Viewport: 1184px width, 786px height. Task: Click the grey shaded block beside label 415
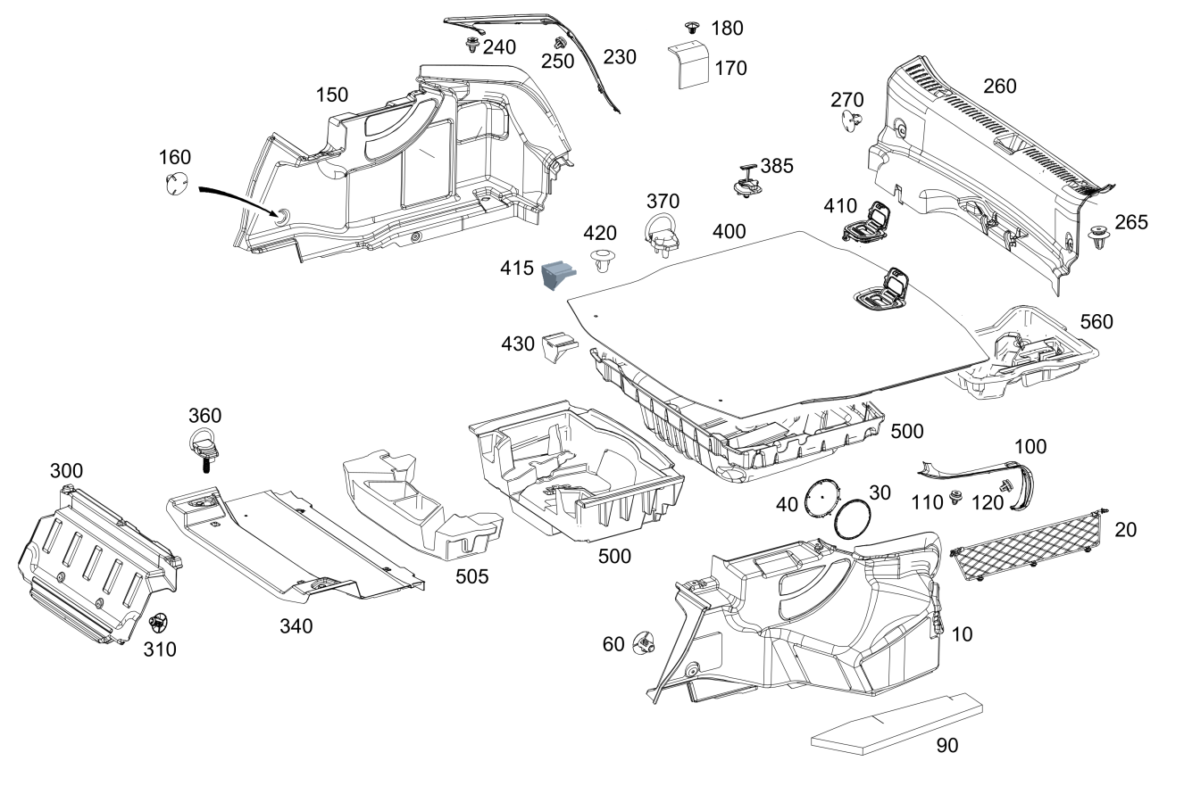point(559,274)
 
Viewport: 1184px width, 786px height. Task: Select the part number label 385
point(777,166)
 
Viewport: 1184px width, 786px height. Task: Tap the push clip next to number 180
point(691,28)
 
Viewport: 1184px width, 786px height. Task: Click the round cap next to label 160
point(176,182)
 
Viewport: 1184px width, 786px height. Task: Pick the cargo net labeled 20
point(1029,545)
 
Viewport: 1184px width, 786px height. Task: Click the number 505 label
point(472,576)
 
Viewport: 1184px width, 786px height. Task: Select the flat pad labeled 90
point(897,724)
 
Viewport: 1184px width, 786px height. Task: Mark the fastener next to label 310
point(157,624)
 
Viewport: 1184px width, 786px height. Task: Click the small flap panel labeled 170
point(688,63)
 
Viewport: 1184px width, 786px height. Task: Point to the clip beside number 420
point(603,260)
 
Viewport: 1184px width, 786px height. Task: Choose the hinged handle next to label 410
point(866,222)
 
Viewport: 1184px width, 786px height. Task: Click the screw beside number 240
point(472,45)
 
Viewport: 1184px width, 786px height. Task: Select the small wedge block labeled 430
point(559,347)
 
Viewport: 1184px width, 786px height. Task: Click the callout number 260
point(999,87)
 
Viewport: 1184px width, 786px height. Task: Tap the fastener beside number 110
point(955,497)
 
